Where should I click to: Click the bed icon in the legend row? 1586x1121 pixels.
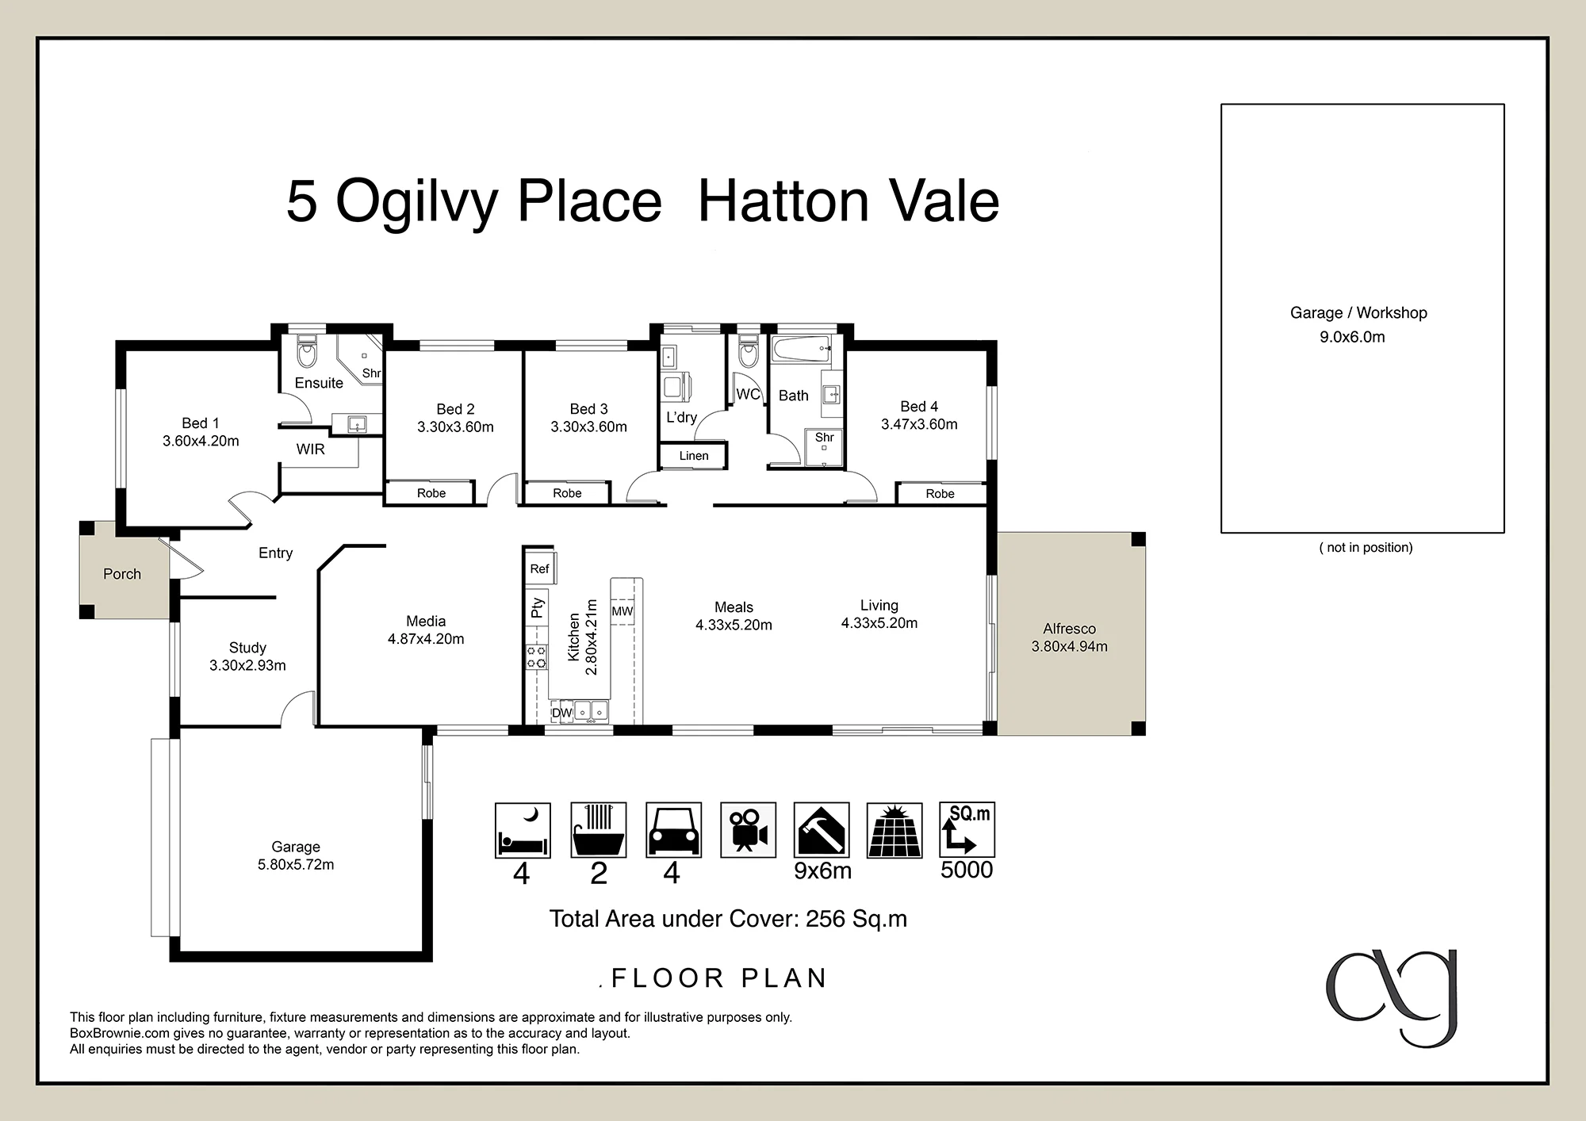(x=523, y=830)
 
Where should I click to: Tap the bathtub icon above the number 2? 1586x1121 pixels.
(x=599, y=830)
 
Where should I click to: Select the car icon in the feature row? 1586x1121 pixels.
(x=673, y=830)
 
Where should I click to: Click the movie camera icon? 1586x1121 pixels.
(x=748, y=830)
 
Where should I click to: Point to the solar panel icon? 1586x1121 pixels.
(x=895, y=830)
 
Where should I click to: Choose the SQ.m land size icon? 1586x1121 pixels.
(x=967, y=830)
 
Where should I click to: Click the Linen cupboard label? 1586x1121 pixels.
(x=694, y=456)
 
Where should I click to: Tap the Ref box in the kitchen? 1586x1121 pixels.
(x=540, y=568)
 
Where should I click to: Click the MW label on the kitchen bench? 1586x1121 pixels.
(x=623, y=611)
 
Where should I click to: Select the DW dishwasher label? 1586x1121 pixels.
(x=561, y=713)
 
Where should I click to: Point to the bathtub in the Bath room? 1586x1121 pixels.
(x=802, y=350)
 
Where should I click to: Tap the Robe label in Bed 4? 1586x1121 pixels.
(x=940, y=494)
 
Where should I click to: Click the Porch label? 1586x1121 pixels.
(x=122, y=574)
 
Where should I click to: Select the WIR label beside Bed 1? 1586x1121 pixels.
(x=311, y=450)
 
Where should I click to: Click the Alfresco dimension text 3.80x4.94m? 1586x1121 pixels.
(x=1070, y=646)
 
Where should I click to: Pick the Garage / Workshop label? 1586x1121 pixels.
(x=1358, y=313)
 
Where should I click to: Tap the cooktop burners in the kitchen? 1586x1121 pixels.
(x=537, y=657)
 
